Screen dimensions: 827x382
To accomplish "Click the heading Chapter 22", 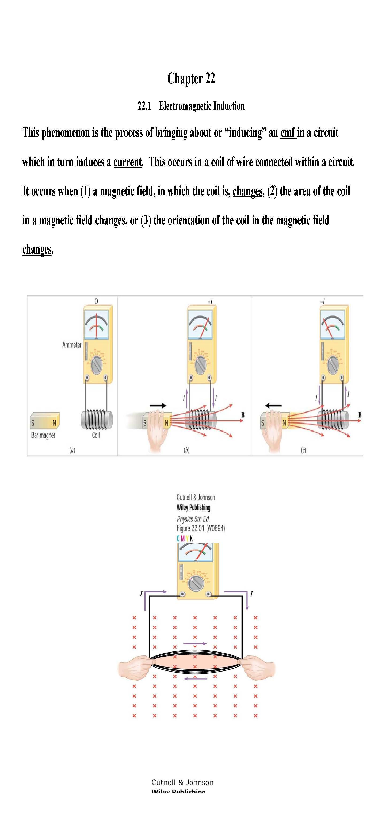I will coord(191,79).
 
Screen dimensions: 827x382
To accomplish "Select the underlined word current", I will coord(127,162).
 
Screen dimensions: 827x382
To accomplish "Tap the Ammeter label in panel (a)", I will coord(72,345).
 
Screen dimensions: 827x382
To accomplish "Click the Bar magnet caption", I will coord(43,435).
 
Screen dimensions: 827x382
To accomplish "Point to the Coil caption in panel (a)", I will coord(96,435).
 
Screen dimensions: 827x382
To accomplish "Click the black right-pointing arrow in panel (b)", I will coord(158,406).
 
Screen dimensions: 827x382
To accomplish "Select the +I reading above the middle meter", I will coord(210,302).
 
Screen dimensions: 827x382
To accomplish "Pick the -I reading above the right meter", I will coord(323,302).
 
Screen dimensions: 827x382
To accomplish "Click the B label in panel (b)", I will coord(243,415).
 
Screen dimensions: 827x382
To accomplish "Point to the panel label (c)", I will coord(303,450).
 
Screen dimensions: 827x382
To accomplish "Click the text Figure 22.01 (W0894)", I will coord(201,528).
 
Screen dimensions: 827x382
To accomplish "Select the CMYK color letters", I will coord(185,538).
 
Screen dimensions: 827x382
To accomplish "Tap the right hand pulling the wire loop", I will coord(258,666).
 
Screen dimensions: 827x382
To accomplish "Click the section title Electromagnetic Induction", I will coord(202,106).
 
